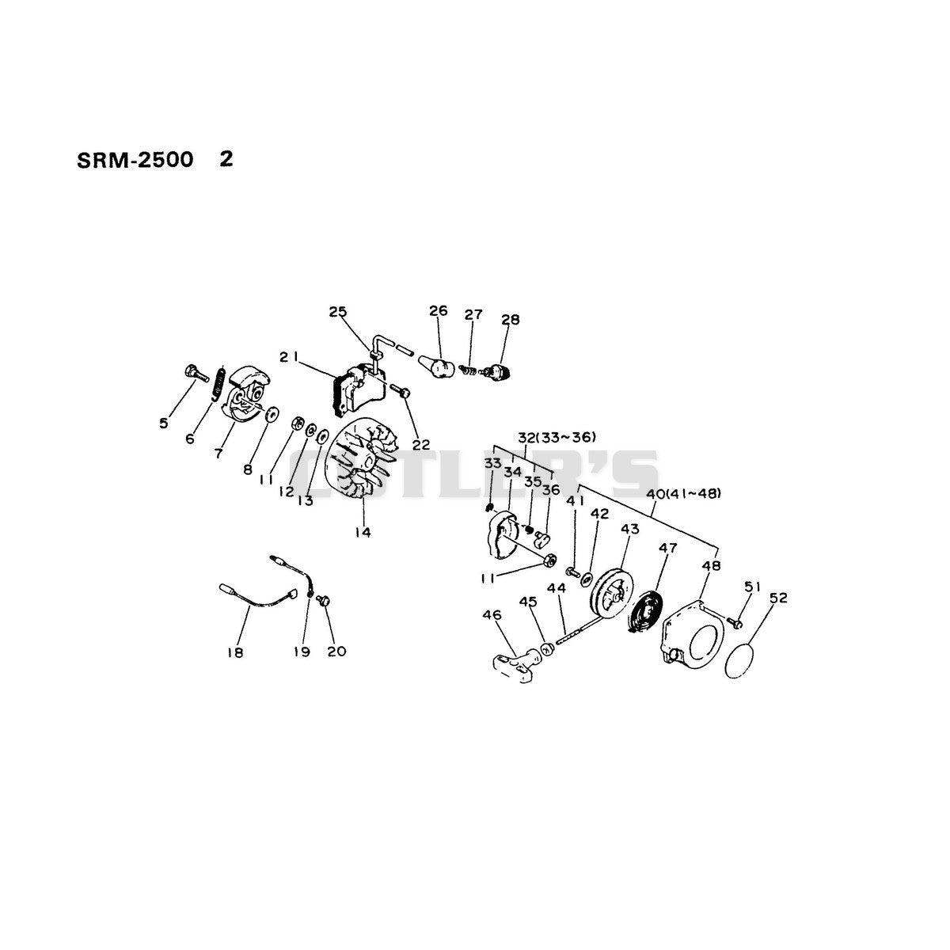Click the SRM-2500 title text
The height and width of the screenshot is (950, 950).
[x=135, y=160]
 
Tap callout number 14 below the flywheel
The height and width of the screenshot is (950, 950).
[x=363, y=533]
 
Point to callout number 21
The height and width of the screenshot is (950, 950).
[x=288, y=357]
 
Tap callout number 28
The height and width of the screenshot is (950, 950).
[x=511, y=320]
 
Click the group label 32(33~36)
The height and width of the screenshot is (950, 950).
[x=557, y=437]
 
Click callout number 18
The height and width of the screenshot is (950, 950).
[x=235, y=653]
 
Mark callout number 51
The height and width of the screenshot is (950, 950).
[x=752, y=587]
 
